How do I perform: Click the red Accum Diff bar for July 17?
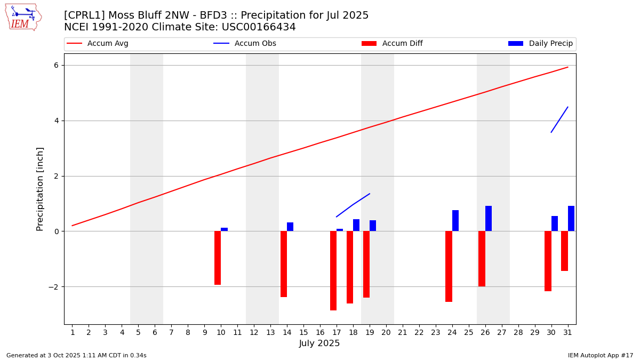pyautogui.click(x=333, y=270)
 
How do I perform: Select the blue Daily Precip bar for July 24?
pyautogui.click(x=455, y=221)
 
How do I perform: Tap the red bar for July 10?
pyautogui.click(x=218, y=258)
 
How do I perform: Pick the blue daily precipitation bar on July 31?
pyautogui.click(x=571, y=219)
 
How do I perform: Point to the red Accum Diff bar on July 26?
pyautogui.click(x=482, y=259)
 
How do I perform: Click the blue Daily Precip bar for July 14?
pyautogui.click(x=290, y=227)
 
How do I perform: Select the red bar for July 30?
pyautogui.click(x=548, y=261)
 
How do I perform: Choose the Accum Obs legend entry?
pyautogui.click(x=255, y=44)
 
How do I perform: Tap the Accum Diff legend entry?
pyautogui.click(x=402, y=44)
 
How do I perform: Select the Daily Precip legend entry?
pyautogui.click(x=550, y=44)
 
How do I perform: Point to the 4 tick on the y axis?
pyautogui.click(x=55, y=121)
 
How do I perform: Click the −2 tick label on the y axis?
pyautogui.click(x=53, y=287)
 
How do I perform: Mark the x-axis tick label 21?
pyautogui.click(x=403, y=333)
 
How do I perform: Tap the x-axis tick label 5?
pyautogui.click(x=138, y=333)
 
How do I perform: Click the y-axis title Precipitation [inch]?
pyautogui.click(x=41, y=189)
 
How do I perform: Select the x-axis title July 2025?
pyautogui.click(x=319, y=343)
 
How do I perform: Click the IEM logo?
pyautogui.click(x=23, y=18)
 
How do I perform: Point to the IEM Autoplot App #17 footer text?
pyautogui.click(x=600, y=355)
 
